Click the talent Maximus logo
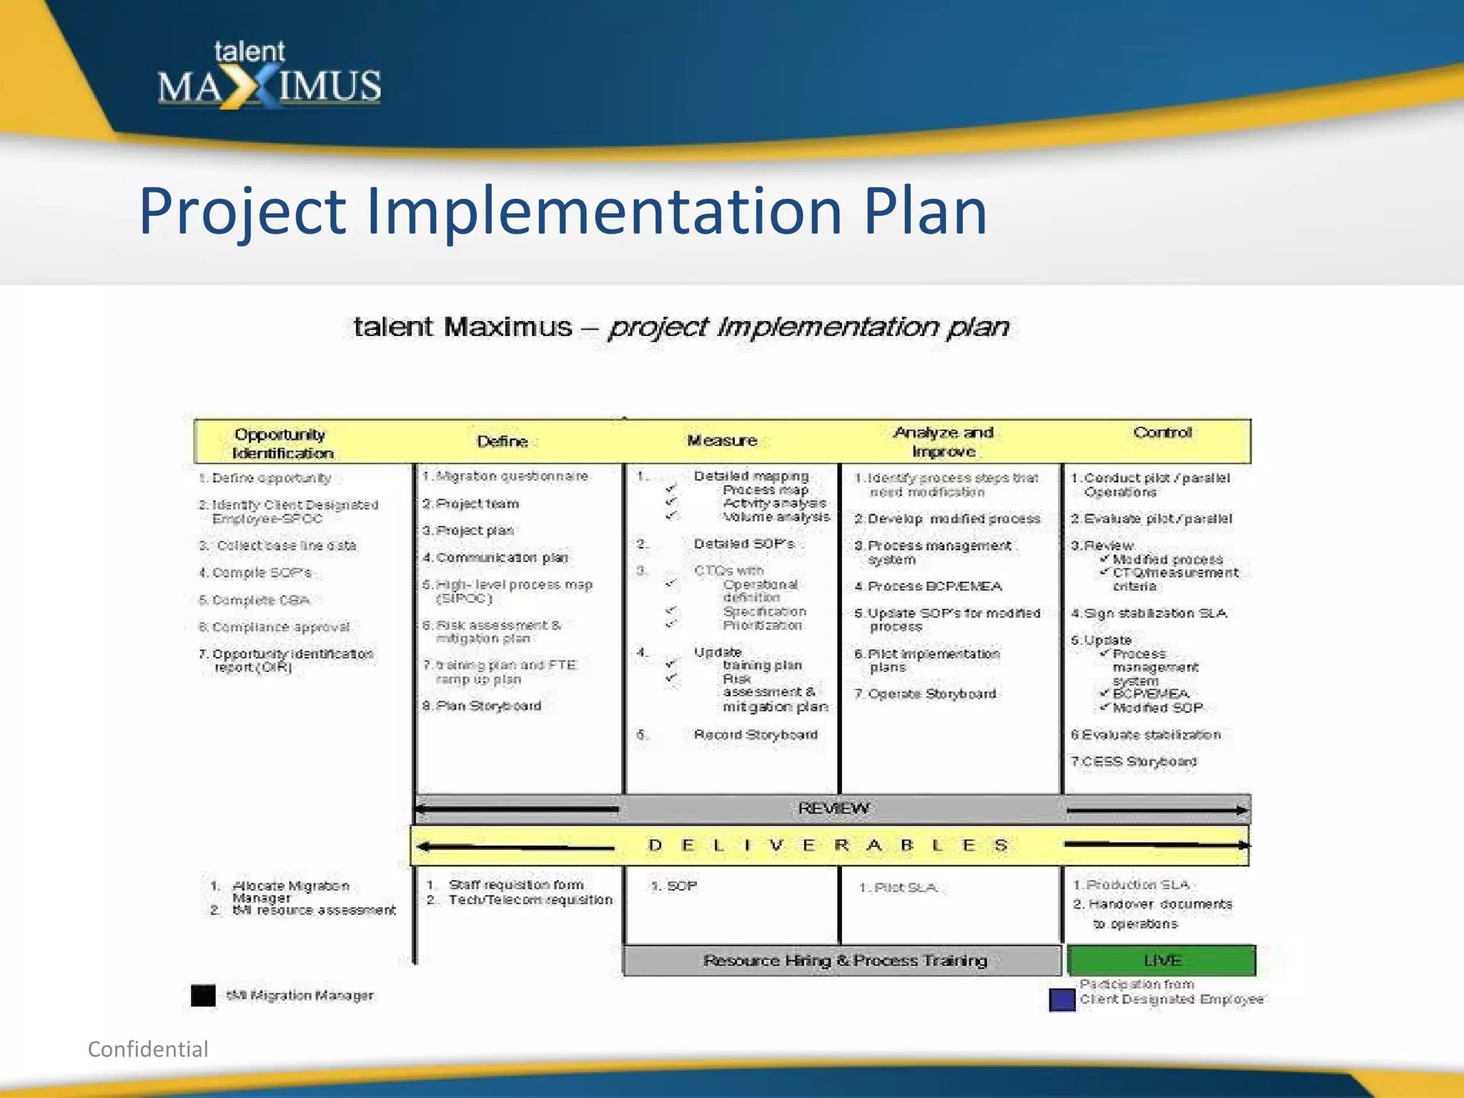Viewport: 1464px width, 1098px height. pos(269,76)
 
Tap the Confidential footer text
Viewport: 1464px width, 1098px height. pos(148,1049)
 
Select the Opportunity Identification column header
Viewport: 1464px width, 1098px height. pos(282,443)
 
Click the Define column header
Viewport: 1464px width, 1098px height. pos(502,441)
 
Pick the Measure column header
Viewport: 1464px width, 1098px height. pos(722,440)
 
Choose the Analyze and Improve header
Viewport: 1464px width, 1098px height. pos(944,442)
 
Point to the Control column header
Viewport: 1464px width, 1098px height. pos(1162,432)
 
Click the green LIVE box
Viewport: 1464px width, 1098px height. pos(1162,960)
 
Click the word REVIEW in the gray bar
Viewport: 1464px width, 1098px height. pos(834,808)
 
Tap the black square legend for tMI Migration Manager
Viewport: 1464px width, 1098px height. pos(203,995)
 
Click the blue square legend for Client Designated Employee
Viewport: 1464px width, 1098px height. pos(1062,999)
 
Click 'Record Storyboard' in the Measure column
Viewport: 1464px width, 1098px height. pos(756,734)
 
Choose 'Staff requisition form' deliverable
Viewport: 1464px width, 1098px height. pos(516,885)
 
